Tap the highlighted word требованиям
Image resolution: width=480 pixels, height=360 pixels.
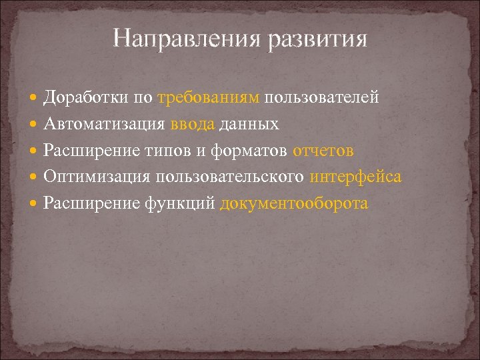(x=209, y=98)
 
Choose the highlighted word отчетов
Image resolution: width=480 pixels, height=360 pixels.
(x=323, y=151)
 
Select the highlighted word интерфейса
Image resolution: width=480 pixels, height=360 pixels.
(x=355, y=177)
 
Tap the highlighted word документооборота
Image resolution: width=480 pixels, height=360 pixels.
(x=293, y=203)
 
